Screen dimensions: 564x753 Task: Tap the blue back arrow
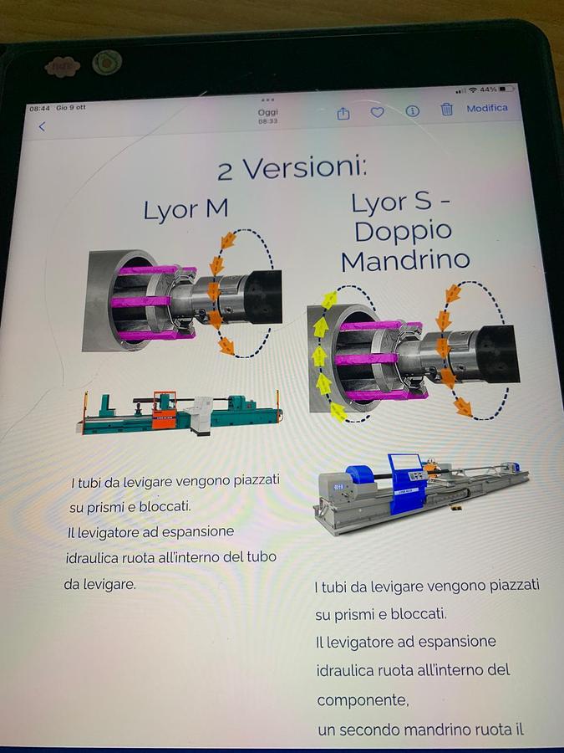click(42, 126)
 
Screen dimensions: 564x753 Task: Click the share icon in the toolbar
click(343, 113)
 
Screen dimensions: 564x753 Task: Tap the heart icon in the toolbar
click(378, 112)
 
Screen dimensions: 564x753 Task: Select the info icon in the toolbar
click(413, 111)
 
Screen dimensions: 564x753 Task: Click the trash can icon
click(446, 109)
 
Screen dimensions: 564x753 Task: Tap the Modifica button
click(487, 108)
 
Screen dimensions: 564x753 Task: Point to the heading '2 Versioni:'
click(292, 168)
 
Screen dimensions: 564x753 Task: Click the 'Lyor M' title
click(185, 210)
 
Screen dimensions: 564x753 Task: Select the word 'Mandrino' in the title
click(405, 260)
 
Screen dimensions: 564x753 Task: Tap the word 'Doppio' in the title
click(403, 232)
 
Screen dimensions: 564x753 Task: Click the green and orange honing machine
click(180, 412)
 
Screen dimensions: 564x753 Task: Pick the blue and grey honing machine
click(421, 493)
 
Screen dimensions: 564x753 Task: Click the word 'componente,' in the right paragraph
click(363, 700)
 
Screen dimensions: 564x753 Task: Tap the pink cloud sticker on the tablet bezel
click(63, 67)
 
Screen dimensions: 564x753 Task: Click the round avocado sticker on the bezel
click(107, 62)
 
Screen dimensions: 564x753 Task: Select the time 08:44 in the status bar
click(39, 109)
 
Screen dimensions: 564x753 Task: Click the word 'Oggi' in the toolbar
click(267, 112)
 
